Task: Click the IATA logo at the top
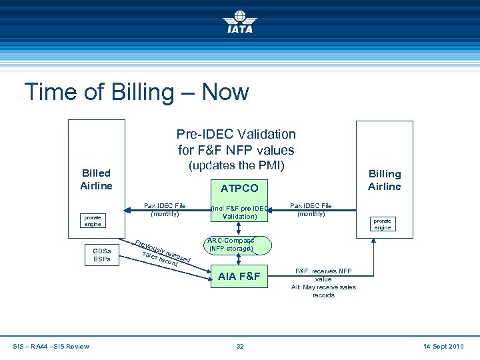[x=239, y=22]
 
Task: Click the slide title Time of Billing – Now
[x=136, y=91]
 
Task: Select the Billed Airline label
[x=96, y=179]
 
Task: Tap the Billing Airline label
[x=385, y=180]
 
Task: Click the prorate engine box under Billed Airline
[x=92, y=221]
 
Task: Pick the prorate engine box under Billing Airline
[x=382, y=223]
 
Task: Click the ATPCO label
[x=239, y=189]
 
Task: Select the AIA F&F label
[x=239, y=276]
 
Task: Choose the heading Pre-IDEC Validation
[x=235, y=135]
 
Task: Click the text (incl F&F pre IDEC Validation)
[x=239, y=212]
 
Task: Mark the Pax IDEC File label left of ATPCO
[x=165, y=209]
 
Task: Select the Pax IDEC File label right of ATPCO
[x=311, y=209]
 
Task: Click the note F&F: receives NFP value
[x=323, y=275]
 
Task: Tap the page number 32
[x=239, y=346]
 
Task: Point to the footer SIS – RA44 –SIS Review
[x=51, y=346]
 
